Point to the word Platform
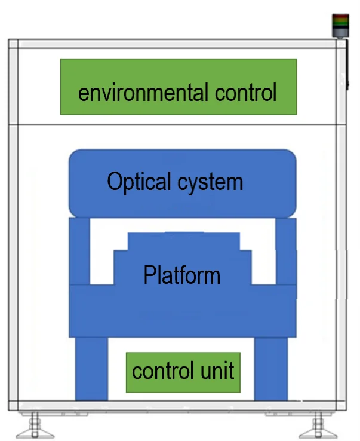[181, 275]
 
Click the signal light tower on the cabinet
[341, 24]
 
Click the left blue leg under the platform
[91, 367]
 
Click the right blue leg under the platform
[271, 367]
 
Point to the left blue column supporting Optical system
[79, 251]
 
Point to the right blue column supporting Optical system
[285, 251]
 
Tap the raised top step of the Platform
[184, 241]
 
